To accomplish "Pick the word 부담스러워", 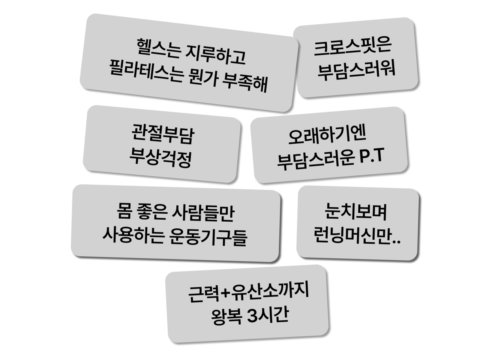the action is (x=356, y=69).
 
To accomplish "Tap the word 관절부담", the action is (x=162, y=136).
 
